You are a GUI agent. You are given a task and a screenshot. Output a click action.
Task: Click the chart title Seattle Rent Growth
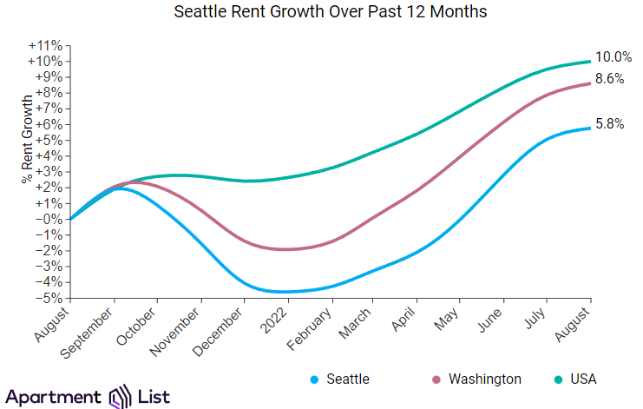[x=331, y=12]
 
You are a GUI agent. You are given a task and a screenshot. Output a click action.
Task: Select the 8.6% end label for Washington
[x=610, y=78]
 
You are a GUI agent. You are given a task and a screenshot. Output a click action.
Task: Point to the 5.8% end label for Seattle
[x=609, y=124]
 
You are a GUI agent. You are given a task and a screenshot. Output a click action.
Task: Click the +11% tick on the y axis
[x=45, y=45]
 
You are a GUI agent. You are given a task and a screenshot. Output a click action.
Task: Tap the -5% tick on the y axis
[x=49, y=298]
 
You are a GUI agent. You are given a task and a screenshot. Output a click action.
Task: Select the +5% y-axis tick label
[x=49, y=140]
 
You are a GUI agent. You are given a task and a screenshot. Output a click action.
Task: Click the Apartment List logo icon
[x=118, y=397]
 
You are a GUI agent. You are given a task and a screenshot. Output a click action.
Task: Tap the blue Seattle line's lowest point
[x=282, y=292]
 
